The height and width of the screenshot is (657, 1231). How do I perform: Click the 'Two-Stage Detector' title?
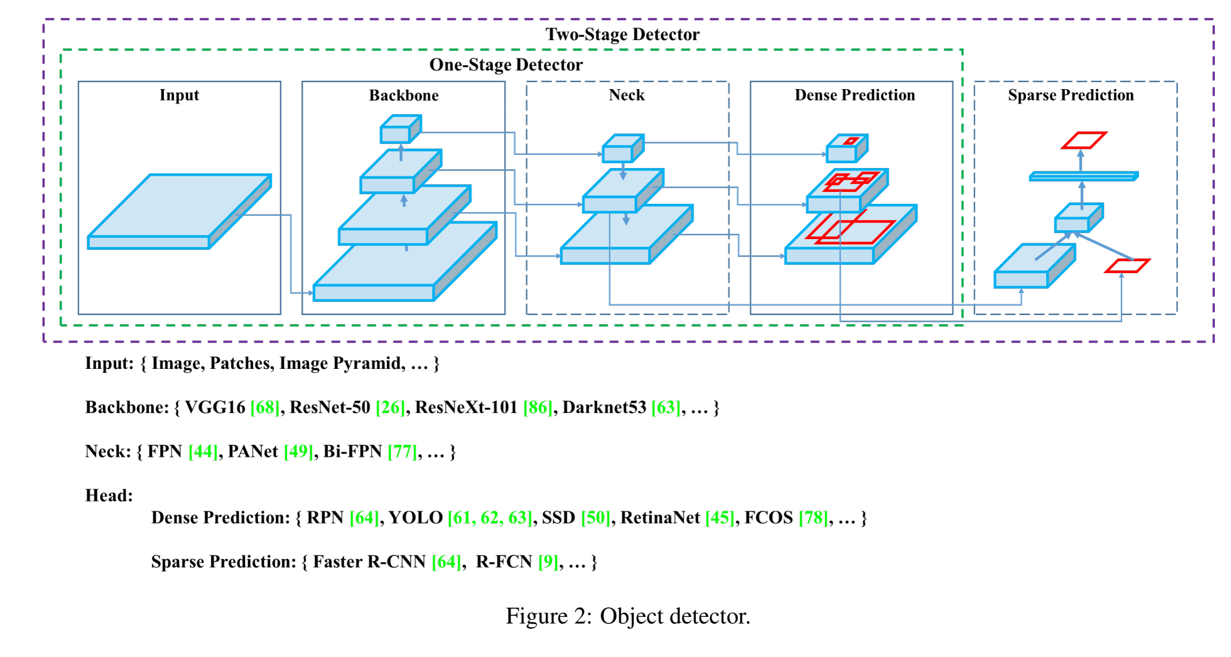tap(622, 34)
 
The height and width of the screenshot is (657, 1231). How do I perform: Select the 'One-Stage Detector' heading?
tap(506, 65)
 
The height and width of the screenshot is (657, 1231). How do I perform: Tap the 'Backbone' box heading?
tap(404, 96)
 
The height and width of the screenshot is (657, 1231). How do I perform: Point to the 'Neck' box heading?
tap(627, 95)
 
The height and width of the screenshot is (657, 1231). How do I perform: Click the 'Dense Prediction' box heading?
tap(854, 95)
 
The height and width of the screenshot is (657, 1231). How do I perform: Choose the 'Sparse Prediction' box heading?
tap(1070, 95)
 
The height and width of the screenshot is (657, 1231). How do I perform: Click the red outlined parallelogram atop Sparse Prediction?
tap(1083, 140)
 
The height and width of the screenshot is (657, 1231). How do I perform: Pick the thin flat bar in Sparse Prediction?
tap(1083, 176)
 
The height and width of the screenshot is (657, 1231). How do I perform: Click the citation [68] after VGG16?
tap(265, 408)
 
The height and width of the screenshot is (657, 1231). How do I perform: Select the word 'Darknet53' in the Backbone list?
tap(604, 408)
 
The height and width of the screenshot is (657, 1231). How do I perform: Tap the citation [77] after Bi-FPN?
tap(402, 452)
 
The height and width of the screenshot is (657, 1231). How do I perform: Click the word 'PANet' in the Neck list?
tap(252, 452)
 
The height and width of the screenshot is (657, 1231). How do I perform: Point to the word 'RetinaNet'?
tap(660, 518)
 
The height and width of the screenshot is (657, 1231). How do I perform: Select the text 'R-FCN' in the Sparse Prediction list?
tap(503, 562)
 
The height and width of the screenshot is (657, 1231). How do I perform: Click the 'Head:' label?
tap(109, 496)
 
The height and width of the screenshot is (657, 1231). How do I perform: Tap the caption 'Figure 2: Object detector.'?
tap(628, 616)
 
